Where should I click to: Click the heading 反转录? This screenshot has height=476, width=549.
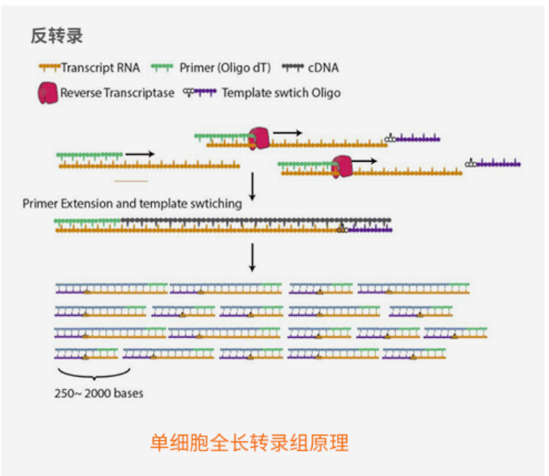click(x=56, y=35)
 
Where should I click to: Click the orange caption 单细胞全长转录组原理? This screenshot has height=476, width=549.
click(x=249, y=442)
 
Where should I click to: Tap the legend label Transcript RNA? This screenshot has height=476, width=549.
click(x=100, y=68)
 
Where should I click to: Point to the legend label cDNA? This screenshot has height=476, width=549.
click(x=323, y=68)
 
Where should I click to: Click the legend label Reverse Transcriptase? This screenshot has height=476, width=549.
click(x=117, y=93)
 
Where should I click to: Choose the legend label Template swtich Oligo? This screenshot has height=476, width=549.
click(x=281, y=93)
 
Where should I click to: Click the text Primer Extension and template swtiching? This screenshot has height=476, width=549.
click(x=133, y=204)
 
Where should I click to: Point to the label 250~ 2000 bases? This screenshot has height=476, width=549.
click(x=99, y=394)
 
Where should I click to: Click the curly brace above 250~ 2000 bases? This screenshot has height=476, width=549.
click(x=93, y=374)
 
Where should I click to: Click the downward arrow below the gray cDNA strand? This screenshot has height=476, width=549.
click(x=252, y=258)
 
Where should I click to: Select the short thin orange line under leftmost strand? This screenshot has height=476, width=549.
click(x=130, y=181)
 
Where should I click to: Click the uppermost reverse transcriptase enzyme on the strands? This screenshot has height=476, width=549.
click(x=260, y=137)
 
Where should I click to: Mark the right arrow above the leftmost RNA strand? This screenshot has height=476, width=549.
click(x=140, y=154)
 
